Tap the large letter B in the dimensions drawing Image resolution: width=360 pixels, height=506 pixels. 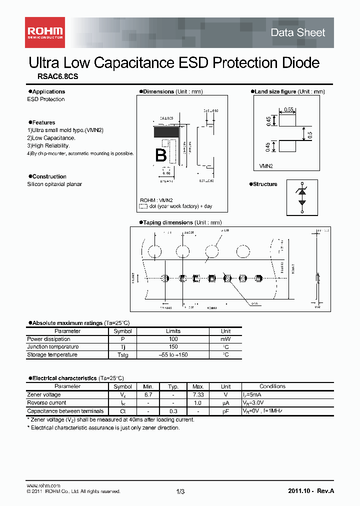(160, 155)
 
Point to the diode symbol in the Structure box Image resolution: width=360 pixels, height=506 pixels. (301, 197)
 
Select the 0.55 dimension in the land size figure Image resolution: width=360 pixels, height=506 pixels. (288, 109)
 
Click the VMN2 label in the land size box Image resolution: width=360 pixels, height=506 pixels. (266, 164)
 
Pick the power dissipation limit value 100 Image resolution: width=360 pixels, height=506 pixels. (173, 339)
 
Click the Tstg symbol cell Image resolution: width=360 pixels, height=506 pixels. (122, 355)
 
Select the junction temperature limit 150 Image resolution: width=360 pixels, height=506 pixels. (173, 347)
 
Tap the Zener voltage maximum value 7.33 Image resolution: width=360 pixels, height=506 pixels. (198, 394)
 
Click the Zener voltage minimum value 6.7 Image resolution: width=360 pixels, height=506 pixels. (147, 394)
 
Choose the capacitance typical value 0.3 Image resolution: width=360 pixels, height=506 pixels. (173, 410)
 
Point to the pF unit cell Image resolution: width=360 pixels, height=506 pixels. (225, 410)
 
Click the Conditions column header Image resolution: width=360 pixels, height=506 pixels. (272, 386)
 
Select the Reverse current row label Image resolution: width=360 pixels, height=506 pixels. (46, 402)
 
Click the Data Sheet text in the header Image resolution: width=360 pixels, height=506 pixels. (297, 32)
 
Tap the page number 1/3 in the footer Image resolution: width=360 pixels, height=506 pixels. (180, 491)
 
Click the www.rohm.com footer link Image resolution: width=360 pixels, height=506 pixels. (43, 485)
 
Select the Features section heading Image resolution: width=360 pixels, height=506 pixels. (43, 122)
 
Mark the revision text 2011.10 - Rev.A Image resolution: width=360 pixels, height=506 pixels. (311, 491)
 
